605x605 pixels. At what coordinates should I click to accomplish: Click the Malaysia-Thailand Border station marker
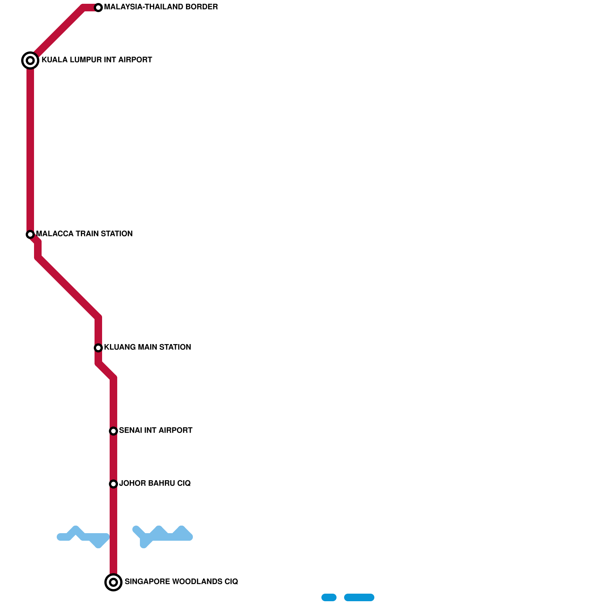98,8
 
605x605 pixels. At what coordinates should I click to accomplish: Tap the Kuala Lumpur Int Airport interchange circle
30,60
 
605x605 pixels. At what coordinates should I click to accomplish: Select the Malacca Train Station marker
30,234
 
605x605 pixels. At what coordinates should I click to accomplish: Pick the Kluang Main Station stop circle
98,347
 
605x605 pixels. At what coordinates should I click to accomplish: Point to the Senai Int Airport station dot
113,431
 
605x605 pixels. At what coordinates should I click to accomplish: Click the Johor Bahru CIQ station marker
113,484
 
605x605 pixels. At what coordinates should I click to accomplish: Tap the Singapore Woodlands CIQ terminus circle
113,582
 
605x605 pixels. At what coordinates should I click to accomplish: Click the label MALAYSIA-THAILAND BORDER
161,7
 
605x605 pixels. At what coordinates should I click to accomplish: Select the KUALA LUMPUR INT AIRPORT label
97,60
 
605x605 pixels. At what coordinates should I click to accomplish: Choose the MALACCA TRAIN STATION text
84,234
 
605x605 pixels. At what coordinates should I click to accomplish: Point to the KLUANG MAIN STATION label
147,347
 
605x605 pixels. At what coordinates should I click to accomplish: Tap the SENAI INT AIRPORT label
155,431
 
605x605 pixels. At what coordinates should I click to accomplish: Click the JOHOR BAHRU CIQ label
155,484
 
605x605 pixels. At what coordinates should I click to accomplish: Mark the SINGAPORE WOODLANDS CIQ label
181,582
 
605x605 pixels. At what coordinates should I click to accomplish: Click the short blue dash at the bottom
329,597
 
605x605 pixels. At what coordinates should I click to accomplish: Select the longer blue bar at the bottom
359,597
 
